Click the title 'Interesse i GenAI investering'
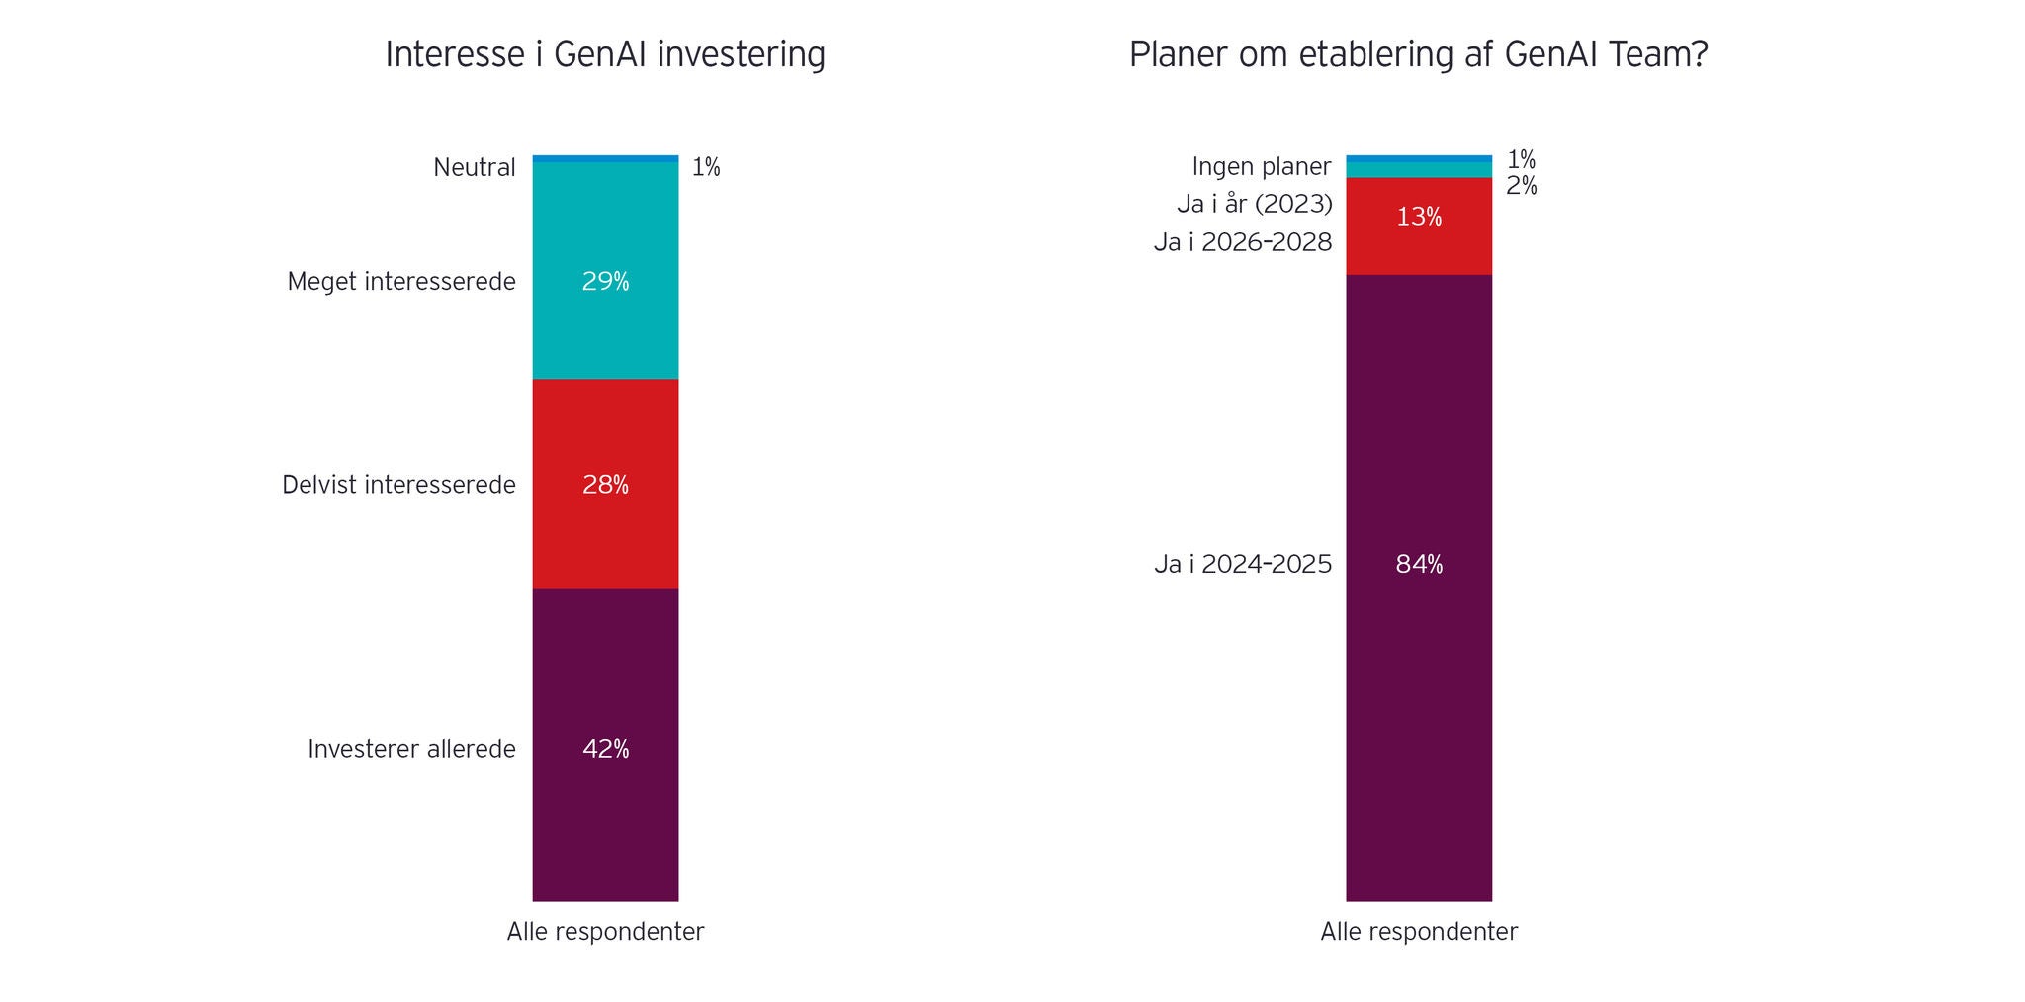(604, 55)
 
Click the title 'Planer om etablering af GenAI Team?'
(1418, 55)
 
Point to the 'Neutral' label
(475, 168)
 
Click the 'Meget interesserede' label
(401, 282)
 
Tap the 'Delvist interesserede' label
(398, 485)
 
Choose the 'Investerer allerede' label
(411, 749)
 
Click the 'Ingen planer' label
(1262, 166)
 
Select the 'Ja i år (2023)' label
(1255, 205)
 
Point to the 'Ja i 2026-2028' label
(1243, 242)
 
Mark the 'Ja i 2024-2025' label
(1243, 565)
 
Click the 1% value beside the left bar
(706, 168)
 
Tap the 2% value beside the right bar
(1522, 186)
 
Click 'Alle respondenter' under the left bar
(605, 932)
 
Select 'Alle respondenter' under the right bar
(1419, 932)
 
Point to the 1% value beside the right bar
(1521, 159)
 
